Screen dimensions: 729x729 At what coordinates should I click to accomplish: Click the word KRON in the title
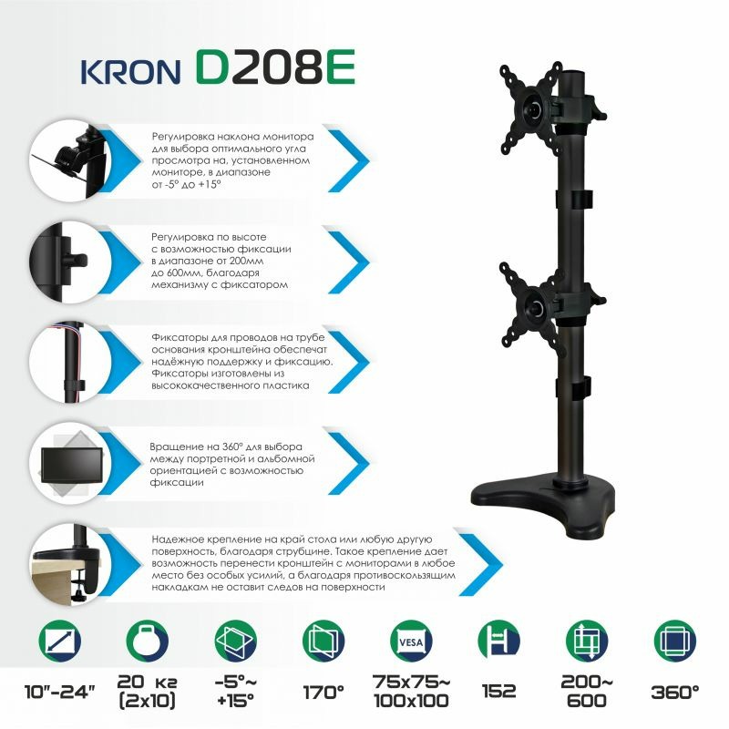click(131, 72)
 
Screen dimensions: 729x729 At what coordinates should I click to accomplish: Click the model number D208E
click(275, 67)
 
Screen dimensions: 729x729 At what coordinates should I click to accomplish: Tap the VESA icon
click(411, 642)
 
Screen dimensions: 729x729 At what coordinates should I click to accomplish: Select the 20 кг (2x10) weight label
click(147, 692)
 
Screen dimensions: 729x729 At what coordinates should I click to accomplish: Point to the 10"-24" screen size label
click(59, 692)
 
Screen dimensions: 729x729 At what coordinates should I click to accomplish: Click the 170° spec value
click(323, 693)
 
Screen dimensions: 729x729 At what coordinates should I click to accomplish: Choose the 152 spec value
click(498, 692)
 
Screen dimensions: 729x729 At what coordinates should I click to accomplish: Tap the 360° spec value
click(675, 693)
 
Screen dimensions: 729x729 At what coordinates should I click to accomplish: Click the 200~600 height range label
click(587, 692)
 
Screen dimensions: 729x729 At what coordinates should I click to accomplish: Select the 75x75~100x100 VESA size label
click(412, 692)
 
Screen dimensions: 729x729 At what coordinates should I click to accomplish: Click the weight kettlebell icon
click(148, 642)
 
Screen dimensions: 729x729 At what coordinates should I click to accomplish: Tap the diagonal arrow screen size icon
click(60, 642)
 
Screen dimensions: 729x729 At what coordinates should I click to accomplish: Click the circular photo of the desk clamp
click(71, 564)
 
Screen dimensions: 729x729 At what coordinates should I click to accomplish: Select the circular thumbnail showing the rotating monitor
click(71, 464)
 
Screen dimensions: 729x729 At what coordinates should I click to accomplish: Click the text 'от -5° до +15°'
click(186, 185)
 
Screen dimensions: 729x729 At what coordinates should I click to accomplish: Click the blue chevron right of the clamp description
click(481, 564)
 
